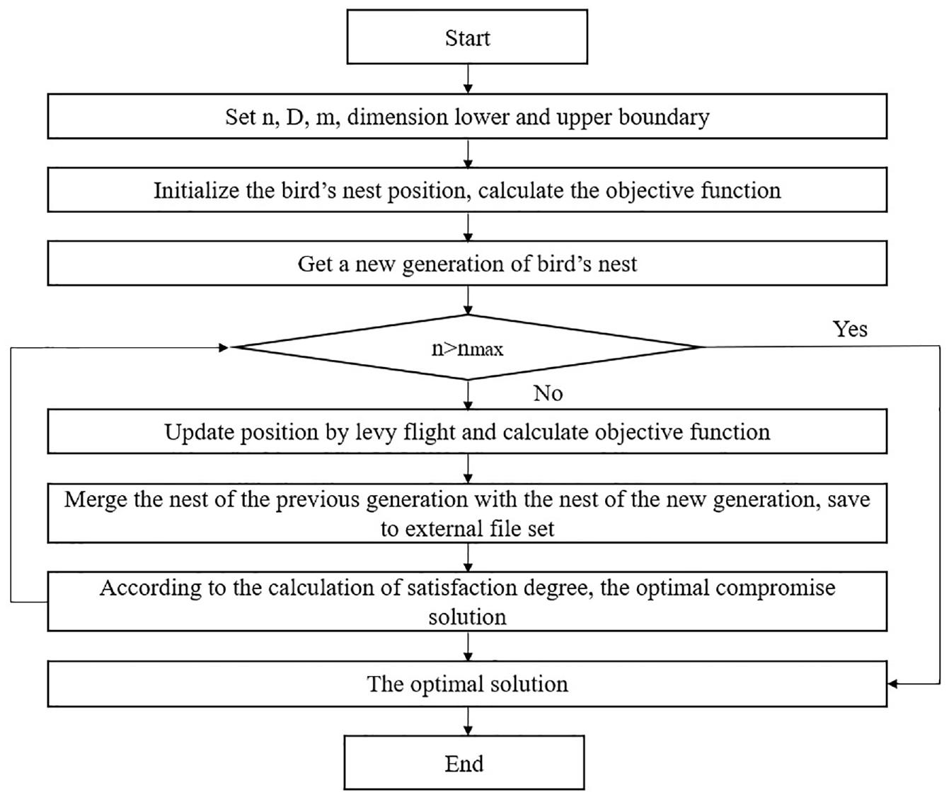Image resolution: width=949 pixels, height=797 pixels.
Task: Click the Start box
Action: pos(467,37)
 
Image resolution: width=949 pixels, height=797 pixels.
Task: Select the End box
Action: pos(464,763)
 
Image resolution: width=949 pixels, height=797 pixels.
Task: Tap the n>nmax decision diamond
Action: pos(468,347)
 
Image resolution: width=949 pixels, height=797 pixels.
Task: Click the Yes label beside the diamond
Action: pos(850,329)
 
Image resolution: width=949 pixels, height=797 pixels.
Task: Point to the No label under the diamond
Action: pos(548,393)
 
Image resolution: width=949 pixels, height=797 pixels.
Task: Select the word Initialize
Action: pos(197,190)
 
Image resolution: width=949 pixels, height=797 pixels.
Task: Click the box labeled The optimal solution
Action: pos(467,684)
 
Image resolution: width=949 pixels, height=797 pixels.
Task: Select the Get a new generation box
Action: pos(467,263)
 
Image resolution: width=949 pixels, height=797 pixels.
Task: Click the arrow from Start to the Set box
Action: pos(468,78)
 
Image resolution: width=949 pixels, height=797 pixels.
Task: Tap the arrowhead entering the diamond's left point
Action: pos(224,348)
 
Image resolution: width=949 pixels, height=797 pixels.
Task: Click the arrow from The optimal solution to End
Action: pos(468,721)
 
